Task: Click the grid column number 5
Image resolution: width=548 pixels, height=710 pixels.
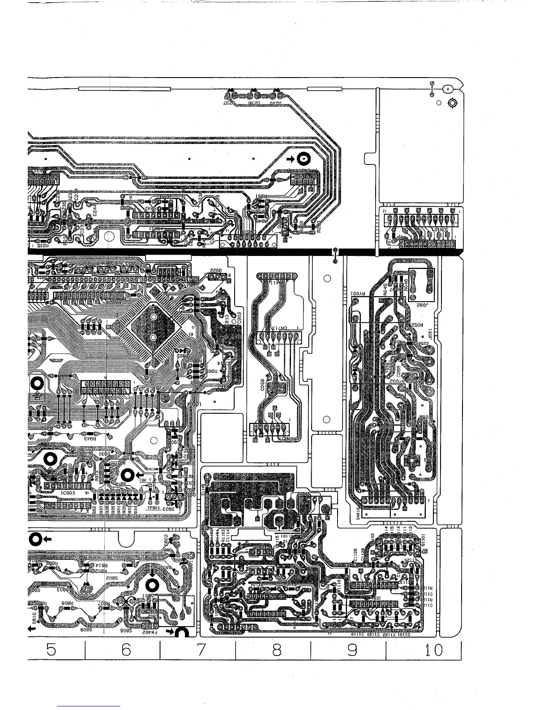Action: pos(51,650)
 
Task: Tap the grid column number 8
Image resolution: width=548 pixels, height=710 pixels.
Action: pos(277,650)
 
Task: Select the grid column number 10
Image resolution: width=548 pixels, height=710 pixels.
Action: pos(433,650)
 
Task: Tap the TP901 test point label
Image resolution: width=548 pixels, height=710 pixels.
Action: pos(154,508)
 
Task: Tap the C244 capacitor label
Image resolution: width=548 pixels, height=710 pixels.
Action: pos(95,212)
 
